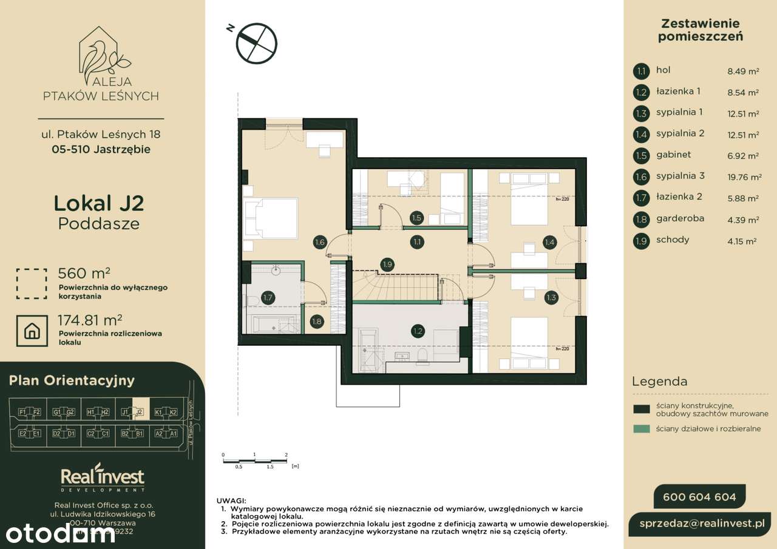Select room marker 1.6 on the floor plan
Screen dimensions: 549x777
coord(320,243)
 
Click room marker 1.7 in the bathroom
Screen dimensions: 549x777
coord(268,297)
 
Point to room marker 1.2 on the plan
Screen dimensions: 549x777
coord(417,331)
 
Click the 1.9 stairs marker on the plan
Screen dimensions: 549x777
coord(388,263)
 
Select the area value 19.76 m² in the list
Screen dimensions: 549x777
coord(744,177)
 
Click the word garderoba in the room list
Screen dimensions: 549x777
coord(680,218)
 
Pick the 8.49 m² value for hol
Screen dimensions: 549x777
coord(743,72)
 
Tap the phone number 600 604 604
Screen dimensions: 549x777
coord(699,497)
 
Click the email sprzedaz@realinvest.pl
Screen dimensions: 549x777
coord(704,524)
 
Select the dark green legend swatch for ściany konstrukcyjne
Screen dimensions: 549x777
coord(641,409)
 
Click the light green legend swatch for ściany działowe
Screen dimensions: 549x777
coord(641,429)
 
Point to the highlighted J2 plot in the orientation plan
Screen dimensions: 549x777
coord(139,413)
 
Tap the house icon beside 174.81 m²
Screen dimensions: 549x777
coord(32,331)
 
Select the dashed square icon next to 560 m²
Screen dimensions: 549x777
coord(32,283)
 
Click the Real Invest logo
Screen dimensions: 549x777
coord(103,479)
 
